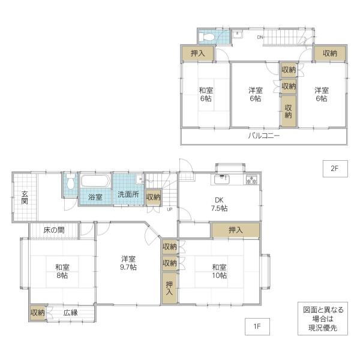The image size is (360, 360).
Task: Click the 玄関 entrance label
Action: (x=25, y=197)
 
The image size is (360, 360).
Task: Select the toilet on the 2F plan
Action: (x=206, y=37)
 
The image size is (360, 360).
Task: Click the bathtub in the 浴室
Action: (x=95, y=181)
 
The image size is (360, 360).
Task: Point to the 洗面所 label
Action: (x=128, y=194)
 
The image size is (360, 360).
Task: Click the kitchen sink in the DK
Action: (x=221, y=179)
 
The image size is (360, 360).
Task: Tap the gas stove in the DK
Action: (x=252, y=179)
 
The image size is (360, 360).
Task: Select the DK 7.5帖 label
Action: (x=219, y=205)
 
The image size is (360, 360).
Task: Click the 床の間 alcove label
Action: (x=54, y=230)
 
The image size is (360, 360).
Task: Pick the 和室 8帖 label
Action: (x=62, y=271)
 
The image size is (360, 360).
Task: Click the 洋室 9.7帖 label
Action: (x=128, y=263)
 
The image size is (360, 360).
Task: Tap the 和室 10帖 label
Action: (x=219, y=271)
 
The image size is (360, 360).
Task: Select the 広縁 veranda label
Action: (x=71, y=313)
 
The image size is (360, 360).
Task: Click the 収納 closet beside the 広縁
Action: (x=38, y=313)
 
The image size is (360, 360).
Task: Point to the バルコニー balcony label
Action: (x=264, y=136)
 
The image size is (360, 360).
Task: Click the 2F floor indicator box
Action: (x=335, y=169)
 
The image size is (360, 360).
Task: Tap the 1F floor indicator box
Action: (x=257, y=326)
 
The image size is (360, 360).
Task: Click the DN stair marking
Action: (x=260, y=37)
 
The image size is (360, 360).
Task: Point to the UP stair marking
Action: (x=170, y=209)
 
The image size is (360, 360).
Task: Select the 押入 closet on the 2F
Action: (x=198, y=53)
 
